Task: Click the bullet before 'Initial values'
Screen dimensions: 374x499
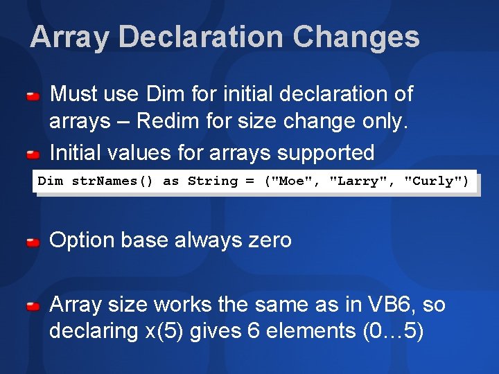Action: (x=33, y=153)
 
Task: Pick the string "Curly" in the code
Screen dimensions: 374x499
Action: (x=433, y=181)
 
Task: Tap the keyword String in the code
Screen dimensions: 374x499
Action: (x=212, y=181)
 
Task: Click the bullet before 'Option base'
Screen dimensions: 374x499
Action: (x=33, y=242)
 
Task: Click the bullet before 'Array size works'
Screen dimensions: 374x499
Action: (x=33, y=306)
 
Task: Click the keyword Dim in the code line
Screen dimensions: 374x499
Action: (x=50, y=181)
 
